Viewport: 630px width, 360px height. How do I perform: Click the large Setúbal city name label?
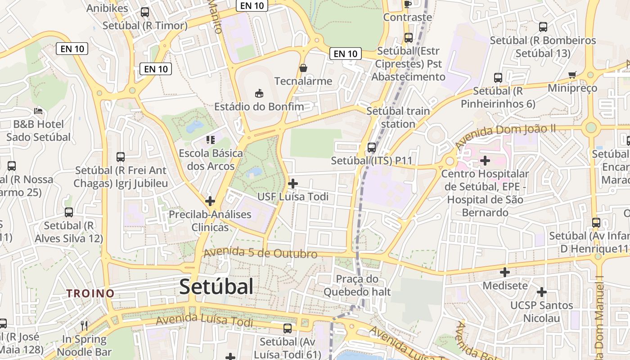(216, 287)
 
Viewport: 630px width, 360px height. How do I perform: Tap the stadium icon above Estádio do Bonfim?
(259, 94)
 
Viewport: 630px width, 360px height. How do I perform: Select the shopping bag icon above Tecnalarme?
(303, 68)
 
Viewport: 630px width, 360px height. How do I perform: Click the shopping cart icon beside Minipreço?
(572, 75)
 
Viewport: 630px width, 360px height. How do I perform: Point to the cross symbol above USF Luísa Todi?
(293, 183)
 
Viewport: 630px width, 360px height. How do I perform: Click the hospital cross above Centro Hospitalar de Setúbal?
(485, 160)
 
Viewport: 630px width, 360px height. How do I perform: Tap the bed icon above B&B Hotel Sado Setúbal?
(38, 111)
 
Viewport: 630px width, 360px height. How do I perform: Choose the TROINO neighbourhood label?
(90, 293)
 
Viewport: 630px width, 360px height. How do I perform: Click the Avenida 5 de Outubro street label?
(261, 253)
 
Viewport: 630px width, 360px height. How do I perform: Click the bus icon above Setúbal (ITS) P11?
(372, 147)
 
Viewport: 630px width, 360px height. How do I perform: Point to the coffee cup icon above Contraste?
(408, 4)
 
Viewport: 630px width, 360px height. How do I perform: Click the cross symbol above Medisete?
(505, 272)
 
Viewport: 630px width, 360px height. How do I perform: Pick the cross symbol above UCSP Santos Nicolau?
(542, 292)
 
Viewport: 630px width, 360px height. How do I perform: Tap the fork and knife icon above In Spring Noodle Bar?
(84, 325)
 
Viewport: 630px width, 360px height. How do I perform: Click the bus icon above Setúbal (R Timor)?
(145, 12)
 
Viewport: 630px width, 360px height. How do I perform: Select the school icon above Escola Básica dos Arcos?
(211, 140)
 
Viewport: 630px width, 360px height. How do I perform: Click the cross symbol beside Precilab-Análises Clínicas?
(210, 201)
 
